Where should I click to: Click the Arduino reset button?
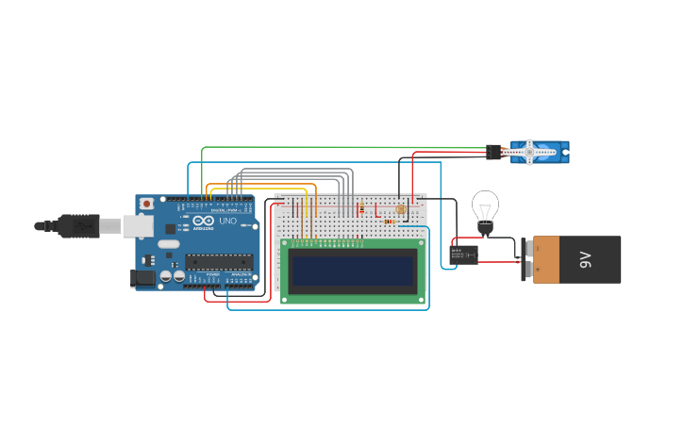pos(146,204)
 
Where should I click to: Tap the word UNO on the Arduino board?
pos(227,222)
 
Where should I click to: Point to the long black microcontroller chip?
pos(221,261)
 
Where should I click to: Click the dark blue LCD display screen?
pos(353,271)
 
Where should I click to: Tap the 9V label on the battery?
pos(585,259)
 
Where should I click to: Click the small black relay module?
pos(463,254)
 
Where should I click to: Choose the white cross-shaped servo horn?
pos(529,151)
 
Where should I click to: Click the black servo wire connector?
pos(493,151)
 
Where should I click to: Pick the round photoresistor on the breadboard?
pos(401,209)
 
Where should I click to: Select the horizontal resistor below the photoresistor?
pos(391,222)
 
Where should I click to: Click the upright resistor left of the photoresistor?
pos(360,209)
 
